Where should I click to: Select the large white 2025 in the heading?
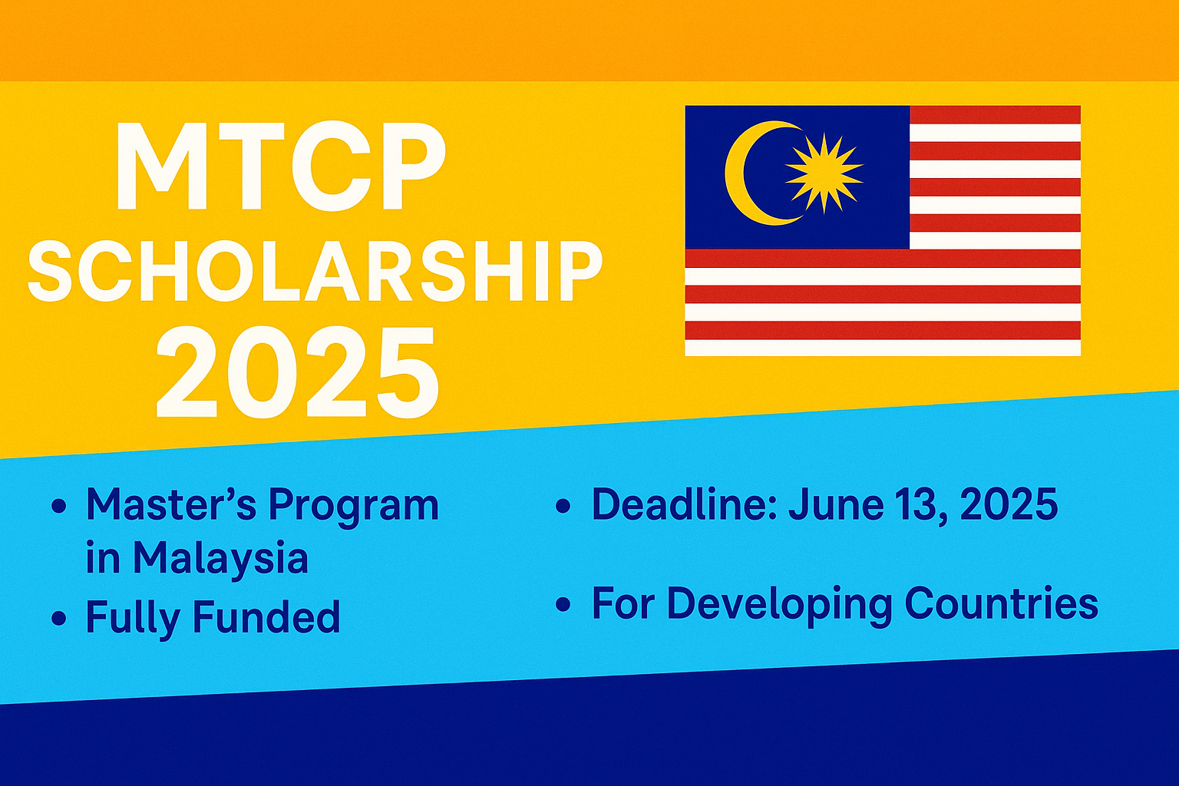pos(298,372)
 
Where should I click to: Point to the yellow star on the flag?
pos(824,173)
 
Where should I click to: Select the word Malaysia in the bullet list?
pos(220,560)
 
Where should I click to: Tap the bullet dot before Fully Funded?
pos(58,618)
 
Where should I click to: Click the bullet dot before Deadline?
pos(563,506)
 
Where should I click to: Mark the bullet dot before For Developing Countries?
pos(563,605)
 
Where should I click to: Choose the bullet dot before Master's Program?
pos(58,507)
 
